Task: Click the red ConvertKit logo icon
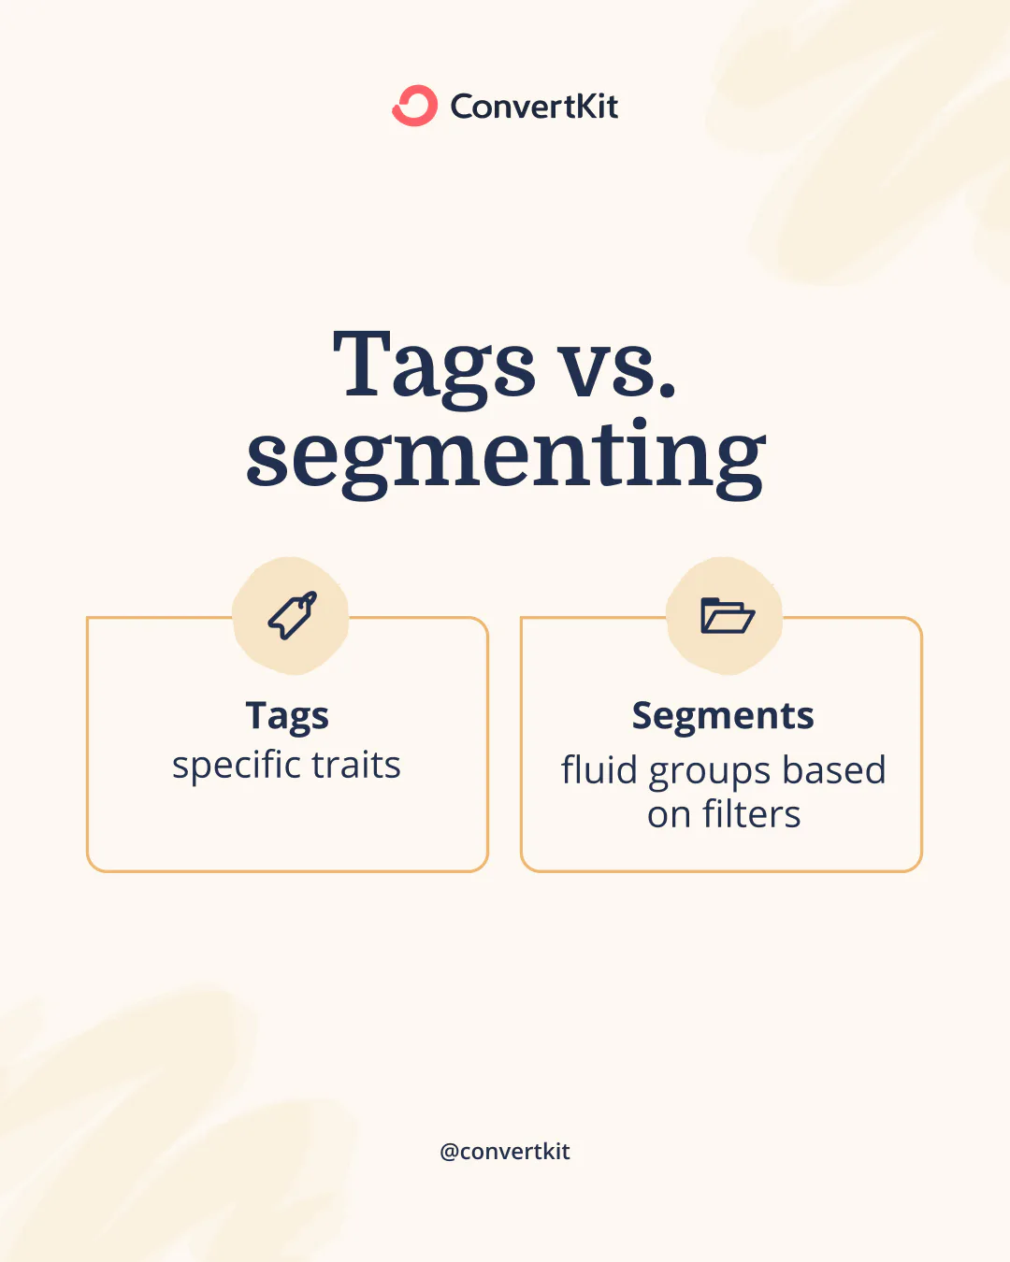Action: point(414,106)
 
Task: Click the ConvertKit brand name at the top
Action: point(534,107)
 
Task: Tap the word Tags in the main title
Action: point(434,366)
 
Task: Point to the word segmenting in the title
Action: point(506,455)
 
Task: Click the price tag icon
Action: point(292,616)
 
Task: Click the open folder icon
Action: point(727,616)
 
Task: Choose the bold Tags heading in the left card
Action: point(287,716)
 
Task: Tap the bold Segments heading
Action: point(723,716)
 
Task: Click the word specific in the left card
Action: point(237,766)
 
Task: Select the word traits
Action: point(356,766)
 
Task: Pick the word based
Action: point(834,770)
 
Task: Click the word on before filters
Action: point(669,816)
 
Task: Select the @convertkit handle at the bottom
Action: point(505,1152)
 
